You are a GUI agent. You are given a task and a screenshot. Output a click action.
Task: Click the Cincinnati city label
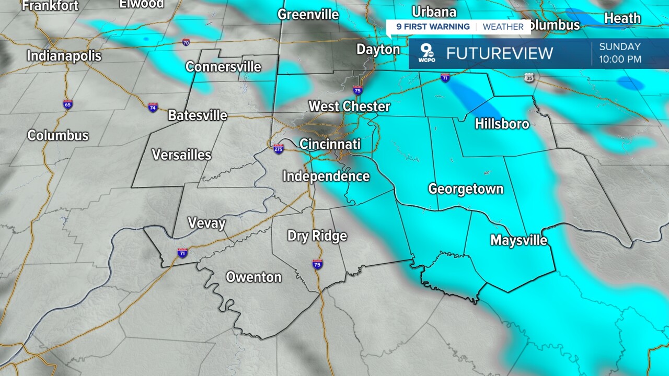[330, 144]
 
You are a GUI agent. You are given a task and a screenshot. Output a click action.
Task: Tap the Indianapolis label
[64, 56]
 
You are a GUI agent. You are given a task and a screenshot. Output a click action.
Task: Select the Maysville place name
[518, 240]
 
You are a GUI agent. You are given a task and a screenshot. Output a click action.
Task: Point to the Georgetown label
[466, 189]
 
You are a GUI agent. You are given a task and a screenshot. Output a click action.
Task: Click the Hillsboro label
[502, 124]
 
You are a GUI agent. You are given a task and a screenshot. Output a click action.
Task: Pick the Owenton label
[253, 277]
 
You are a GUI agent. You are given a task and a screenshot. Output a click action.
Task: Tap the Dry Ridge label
[317, 236]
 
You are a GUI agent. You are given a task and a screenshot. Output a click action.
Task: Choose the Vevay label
[206, 224]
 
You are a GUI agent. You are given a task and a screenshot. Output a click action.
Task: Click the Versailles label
[181, 155]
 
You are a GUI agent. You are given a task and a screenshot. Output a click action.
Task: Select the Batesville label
[198, 115]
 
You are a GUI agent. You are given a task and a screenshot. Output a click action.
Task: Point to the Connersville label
[223, 67]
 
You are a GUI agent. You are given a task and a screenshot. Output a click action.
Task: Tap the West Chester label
[349, 107]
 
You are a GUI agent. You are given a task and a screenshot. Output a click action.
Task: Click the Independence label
[326, 177]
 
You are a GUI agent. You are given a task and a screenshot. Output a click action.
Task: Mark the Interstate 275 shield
[279, 149]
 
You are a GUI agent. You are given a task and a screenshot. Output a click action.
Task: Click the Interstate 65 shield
[68, 104]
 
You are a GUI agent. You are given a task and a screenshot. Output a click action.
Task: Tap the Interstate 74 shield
[153, 107]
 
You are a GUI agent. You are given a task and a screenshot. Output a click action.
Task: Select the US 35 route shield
[529, 78]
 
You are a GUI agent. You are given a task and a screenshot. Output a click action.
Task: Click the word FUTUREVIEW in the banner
[499, 53]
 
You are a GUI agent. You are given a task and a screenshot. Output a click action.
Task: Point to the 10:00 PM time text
[620, 60]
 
